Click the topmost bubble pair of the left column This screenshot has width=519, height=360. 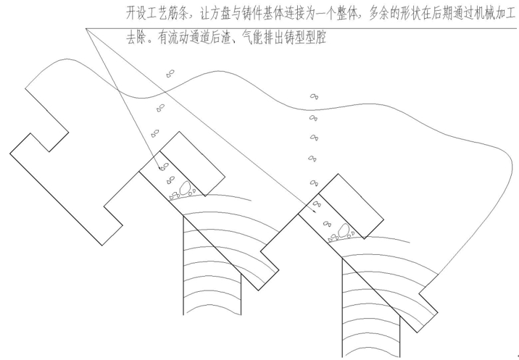(170, 73)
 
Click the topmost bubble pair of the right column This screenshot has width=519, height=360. (314, 96)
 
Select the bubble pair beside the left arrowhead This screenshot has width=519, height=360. (165, 166)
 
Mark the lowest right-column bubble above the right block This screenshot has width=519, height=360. (314, 183)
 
